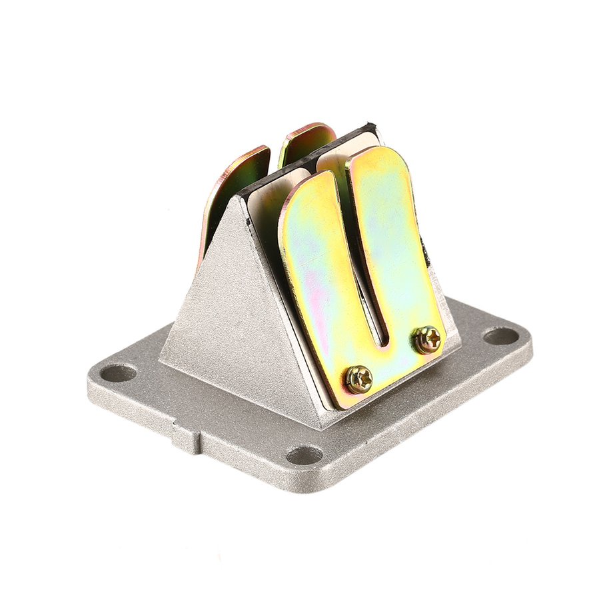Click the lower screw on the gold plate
click(x=358, y=380)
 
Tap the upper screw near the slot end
click(x=428, y=339)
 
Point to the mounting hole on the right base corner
click(x=500, y=336)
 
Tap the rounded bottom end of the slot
click(x=382, y=343)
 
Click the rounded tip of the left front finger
click(x=308, y=183)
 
